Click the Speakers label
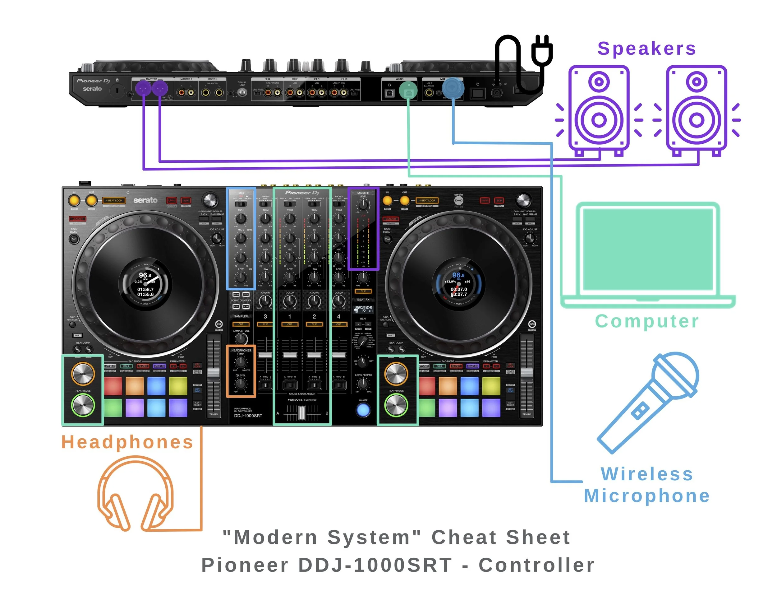[x=646, y=49]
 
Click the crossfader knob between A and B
[x=302, y=413]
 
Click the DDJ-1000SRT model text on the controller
[x=248, y=416]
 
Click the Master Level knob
[x=363, y=205]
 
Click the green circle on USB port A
[x=408, y=91]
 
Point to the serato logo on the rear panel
[x=92, y=89]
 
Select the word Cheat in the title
[x=464, y=537]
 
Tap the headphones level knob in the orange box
[x=241, y=384]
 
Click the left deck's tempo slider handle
[x=214, y=373]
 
